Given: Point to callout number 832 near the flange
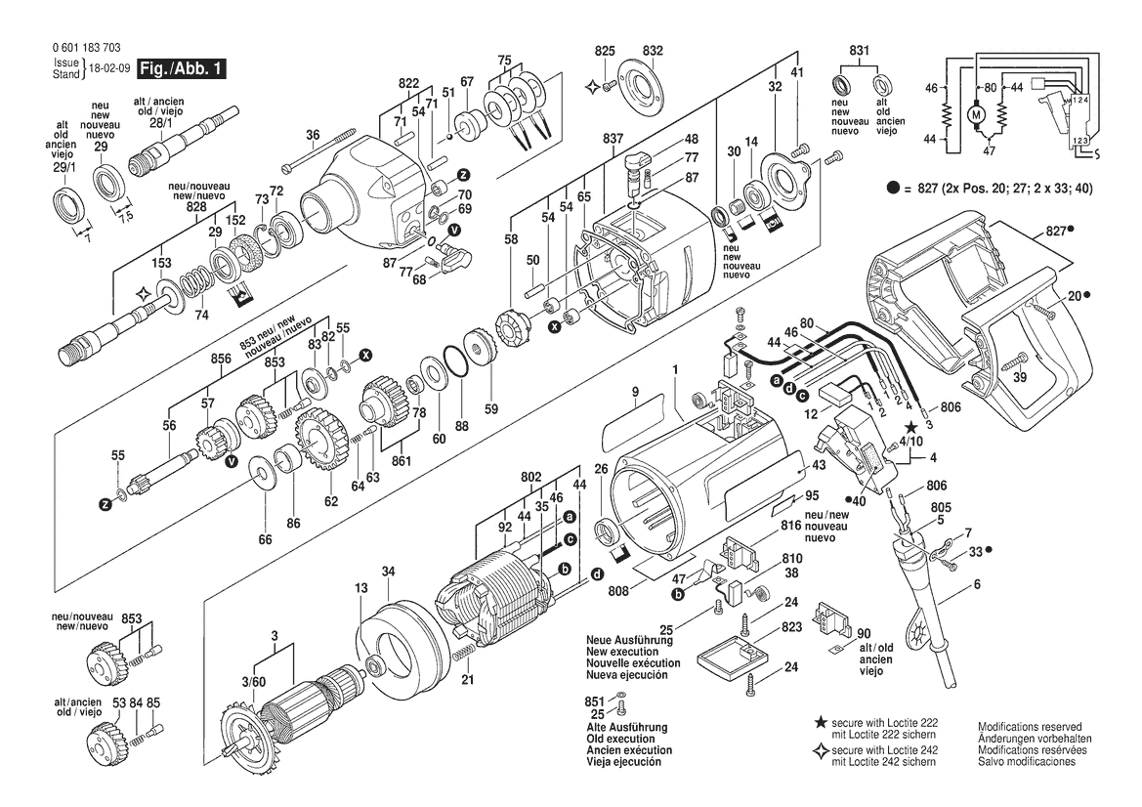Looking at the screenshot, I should [x=653, y=50].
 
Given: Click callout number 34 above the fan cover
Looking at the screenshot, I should [x=388, y=571].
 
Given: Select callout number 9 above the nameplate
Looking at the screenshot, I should [x=634, y=394].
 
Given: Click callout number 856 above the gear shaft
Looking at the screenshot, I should [x=221, y=359].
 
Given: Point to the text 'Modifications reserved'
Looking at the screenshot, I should [x=1029, y=727].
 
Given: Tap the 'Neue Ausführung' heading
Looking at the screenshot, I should [x=625, y=640].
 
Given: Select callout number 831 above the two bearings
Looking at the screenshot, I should [x=860, y=50].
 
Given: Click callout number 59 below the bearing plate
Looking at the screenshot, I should [x=491, y=408].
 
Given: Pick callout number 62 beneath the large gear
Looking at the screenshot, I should [x=331, y=502].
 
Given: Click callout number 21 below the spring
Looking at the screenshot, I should [x=468, y=680].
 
